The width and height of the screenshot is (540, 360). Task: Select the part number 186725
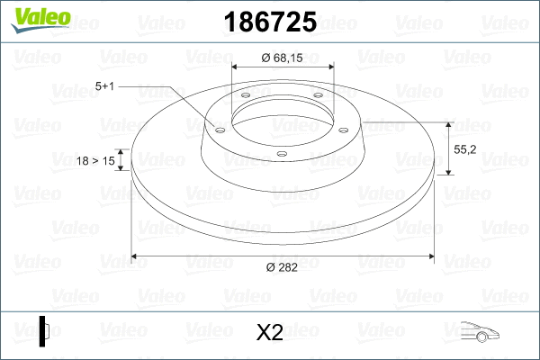pyautogui.click(x=270, y=20)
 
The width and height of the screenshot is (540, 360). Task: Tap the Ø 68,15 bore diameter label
pyautogui.click(x=283, y=57)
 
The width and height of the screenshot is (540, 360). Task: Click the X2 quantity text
pyautogui.click(x=270, y=333)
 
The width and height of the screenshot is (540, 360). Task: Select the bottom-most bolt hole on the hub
pyautogui.click(x=281, y=154)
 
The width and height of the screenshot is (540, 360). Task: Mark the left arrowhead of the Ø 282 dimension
pyautogui.click(x=136, y=256)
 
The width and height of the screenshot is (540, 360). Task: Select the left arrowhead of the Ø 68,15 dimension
pyautogui.click(x=237, y=67)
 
